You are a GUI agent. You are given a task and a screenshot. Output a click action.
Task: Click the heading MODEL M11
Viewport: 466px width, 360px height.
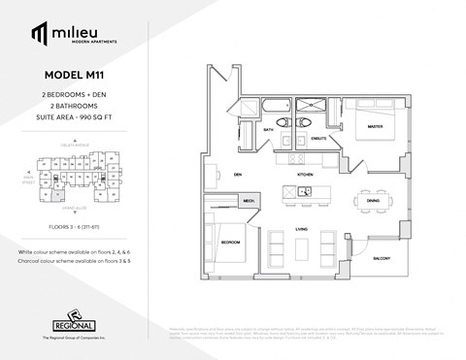pyautogui.click(x=75, y=75)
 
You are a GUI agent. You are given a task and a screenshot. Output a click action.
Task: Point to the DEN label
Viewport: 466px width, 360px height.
pyautogui.click(x=236, y=175)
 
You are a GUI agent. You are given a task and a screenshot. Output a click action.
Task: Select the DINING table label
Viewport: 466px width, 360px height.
pyautogui.click(x=372, y=202)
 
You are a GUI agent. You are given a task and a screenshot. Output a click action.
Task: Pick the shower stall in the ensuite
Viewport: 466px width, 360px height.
pyautogui.click(x=316, y=108)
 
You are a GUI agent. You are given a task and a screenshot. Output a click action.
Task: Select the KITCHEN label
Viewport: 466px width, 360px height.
pyautogui.click(x=304, y=175)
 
